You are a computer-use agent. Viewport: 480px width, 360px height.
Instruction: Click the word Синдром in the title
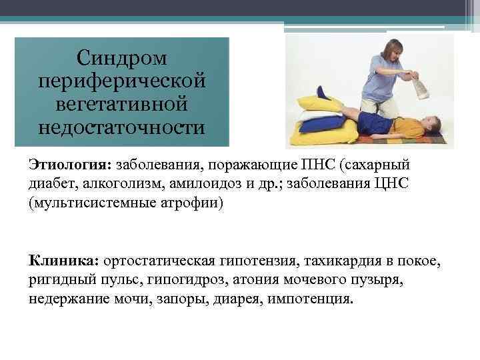point(121,59)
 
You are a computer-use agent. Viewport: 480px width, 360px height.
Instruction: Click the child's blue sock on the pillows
point(323,91)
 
